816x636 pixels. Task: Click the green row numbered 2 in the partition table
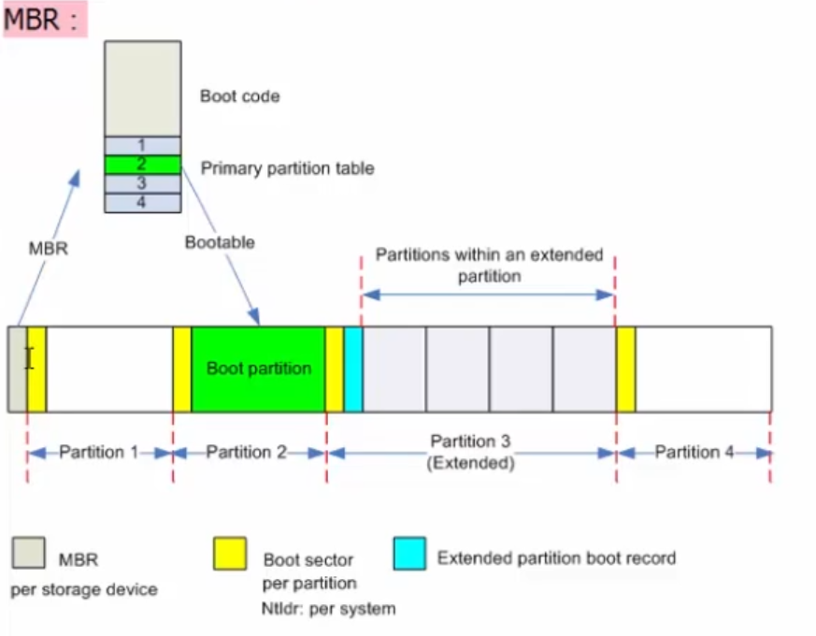pos(142,165)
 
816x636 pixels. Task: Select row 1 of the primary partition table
pos(142,146)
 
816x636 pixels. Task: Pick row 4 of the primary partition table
pos(142,202)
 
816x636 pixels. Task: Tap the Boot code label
pos(239,95)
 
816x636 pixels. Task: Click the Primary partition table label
pos(287,168)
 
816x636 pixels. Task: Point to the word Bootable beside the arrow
pos(220,242)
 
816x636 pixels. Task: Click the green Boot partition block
pos(258,369)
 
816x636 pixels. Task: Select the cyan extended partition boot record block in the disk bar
pos(353,369)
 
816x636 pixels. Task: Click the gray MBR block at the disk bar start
pos(17,369)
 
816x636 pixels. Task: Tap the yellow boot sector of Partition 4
pos(625,369)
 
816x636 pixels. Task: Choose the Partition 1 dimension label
pos(98,453)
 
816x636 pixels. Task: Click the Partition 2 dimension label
pos(246,453)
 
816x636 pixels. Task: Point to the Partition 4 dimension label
pos(694,453)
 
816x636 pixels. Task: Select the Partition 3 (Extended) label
pos(471,452)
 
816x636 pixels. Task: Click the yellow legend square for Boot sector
pos(230,553)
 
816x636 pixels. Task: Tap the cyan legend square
pos(409,553)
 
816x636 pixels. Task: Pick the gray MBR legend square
pos(28,553)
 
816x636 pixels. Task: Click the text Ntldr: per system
pos(328,609)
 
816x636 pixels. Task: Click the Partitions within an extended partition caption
pos(489,265)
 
